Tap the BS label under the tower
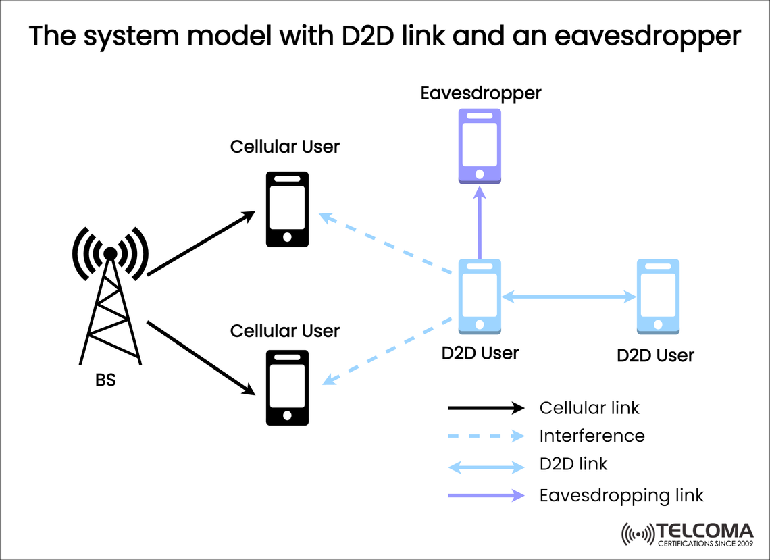105,380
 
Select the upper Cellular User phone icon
287,209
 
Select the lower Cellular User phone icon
287,388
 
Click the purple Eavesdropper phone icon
480,145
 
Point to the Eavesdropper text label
480,93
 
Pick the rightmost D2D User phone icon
658,296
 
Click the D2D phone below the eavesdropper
480,297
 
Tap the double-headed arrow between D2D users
569,296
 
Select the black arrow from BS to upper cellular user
201,244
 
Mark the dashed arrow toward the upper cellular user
384,244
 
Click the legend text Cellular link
589,408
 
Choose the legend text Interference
592,436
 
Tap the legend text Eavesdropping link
621,495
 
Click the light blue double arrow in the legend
486,466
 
